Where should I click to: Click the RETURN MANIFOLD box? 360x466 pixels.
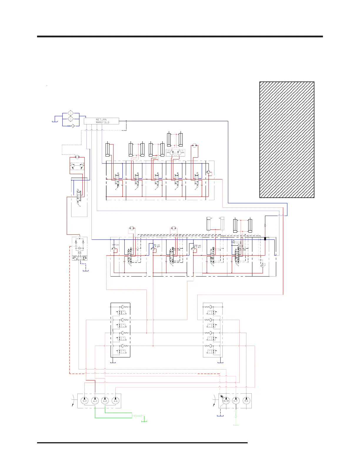point(101,121)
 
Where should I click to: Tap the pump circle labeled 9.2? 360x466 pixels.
point(85,401)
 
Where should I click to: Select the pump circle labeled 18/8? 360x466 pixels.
point(226,401)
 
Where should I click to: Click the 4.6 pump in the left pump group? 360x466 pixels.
point(116,401)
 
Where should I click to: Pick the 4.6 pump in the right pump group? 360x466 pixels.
point(246,401)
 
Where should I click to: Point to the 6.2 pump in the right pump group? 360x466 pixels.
point(236,401)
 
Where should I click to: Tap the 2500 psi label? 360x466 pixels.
point(197,245)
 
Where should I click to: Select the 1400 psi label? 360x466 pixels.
point(156,245)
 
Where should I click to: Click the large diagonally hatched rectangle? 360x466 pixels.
point(287,140)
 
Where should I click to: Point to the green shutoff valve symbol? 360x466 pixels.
point(138,416)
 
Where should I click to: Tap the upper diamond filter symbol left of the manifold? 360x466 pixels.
point(71,113)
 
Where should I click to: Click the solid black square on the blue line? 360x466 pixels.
point(265,239)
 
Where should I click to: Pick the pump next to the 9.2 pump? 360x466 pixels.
point(95,401)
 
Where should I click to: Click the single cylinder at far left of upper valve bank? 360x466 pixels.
point(108,150)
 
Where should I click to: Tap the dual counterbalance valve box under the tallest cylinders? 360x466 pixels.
point(175,153)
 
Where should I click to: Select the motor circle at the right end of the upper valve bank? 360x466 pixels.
point(194,145)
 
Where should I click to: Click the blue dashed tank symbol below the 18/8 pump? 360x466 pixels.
point(220,415)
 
